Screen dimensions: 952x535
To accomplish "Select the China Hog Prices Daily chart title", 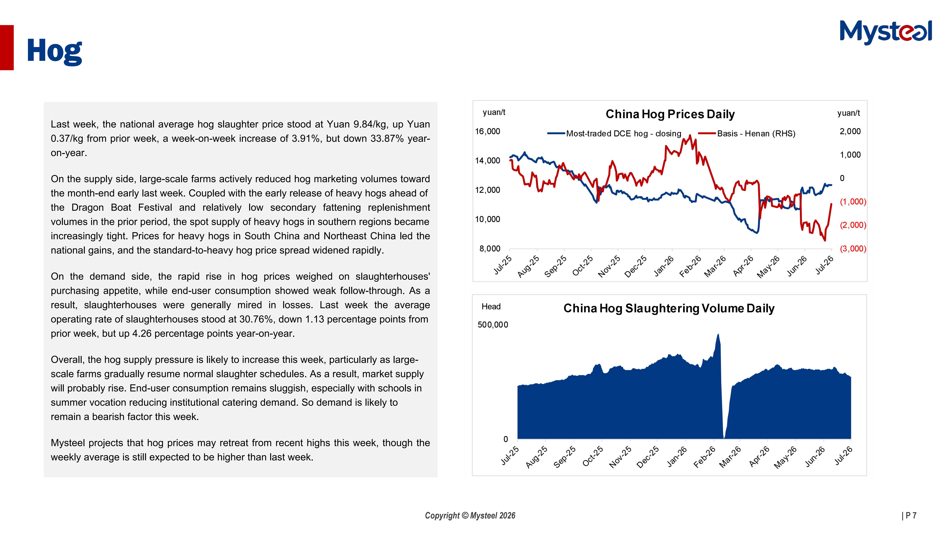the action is coord(670,114).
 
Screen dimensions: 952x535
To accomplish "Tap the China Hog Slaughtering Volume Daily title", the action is coord(669,308).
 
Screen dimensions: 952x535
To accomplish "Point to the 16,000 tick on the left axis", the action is coord(488,132).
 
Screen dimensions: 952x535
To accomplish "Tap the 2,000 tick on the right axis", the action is coord(850,132).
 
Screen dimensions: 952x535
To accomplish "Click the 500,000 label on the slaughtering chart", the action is coord(493,325).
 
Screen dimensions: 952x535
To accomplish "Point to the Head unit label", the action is coord(491,307).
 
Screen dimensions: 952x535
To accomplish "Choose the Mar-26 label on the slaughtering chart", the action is coord(730,457).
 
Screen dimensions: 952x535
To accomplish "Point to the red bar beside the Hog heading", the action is coord(7,48).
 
